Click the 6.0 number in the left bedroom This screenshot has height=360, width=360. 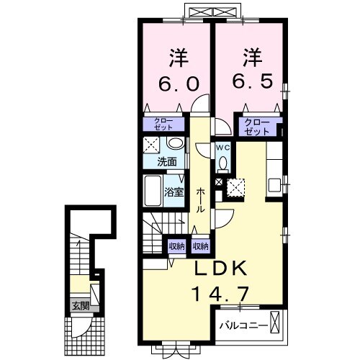pyautogui.click(x=179, y=84)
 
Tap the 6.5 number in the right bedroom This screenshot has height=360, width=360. pyautogui.click(x=253, y=81)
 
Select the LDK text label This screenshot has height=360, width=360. pyautogui.click(x=220, y=268)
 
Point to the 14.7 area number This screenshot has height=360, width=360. pyautogui.click(x=220, y=294)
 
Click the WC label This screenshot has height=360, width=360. pyautogui.click(x=223, y=148)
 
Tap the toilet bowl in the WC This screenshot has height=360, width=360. pyautogui.click(x=223, y=163)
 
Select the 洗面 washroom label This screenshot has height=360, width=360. pyautogui.click(x=167, y=162)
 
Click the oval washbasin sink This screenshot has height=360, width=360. pyautogui.click(x=176, y=143)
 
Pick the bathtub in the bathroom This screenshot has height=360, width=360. pyautogui.click(x=153, y=191)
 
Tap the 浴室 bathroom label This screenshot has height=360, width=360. pyautogui.click(x=174, y=192)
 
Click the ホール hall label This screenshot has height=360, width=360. pyautogui.click(x=201, y=200)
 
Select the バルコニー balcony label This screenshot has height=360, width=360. pyautogui.click(x=243, y=325)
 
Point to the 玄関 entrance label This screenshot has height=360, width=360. pyautogui.click(x=81, y=306)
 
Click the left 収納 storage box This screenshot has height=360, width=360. pyautogui.click(x=176, y=246)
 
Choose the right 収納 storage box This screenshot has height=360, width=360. pyautogui.click(x=201, y=246)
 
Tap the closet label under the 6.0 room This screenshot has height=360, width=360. pyautogui.click(x=163, y=124)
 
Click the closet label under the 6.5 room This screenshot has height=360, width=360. pyautogui.click(x=257, y=127)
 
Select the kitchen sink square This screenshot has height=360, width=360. pyautogui.click(x=275, y=186)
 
